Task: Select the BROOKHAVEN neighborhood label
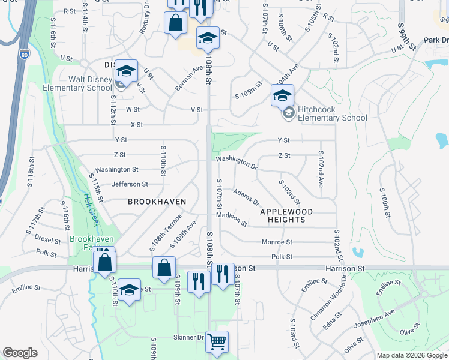[157, 202]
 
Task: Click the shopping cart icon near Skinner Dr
[217, 341]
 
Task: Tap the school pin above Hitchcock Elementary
[283, 95]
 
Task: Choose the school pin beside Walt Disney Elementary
[127, 70]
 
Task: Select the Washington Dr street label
[237, 161]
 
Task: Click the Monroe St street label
[277, 242]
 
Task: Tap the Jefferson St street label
[129, 184]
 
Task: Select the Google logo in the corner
[20, 353]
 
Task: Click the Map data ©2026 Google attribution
[411, 355]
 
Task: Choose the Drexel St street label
[47, 239]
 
